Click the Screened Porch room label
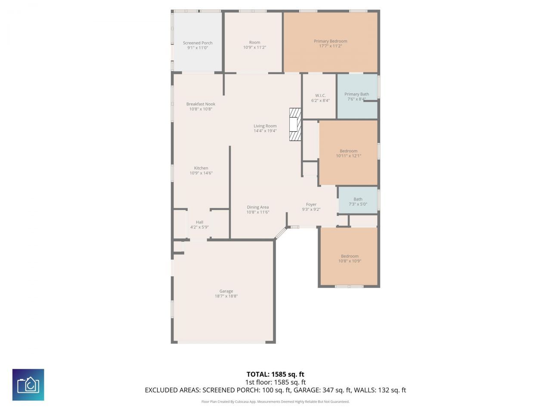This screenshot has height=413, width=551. [x=198, y=43]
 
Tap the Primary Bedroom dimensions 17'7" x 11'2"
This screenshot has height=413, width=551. [x=330, y=46]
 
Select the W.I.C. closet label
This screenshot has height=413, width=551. [x=320, y=96]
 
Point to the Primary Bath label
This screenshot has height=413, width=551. [x=356, y=94]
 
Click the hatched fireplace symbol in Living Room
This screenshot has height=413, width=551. [x=295, y=124]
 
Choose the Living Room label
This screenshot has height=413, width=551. [x=265, y=126]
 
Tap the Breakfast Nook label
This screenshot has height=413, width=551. [x=201, y=104]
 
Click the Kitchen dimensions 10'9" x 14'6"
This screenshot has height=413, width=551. [x=201, y=173]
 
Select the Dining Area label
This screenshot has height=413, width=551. [x=258, y=207]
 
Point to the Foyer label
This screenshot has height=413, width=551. [x=311, y=205]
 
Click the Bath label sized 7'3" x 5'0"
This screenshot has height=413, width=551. [x=358, y=199]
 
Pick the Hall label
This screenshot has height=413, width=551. [x=199, y=222]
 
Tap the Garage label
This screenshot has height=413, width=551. [x=226, y=291]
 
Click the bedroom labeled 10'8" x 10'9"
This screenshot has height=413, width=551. [x=350, y=256]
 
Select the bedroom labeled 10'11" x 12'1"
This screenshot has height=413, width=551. [x=348, y=151]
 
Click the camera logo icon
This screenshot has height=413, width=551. [x=28, y=385]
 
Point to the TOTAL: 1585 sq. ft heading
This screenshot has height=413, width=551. [x=275, y=374]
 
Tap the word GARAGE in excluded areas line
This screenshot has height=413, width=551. [x=306, y=390]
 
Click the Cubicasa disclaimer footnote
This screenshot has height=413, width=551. [x=275, y=402]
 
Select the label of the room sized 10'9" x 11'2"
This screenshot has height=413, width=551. [x=254, y=43]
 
